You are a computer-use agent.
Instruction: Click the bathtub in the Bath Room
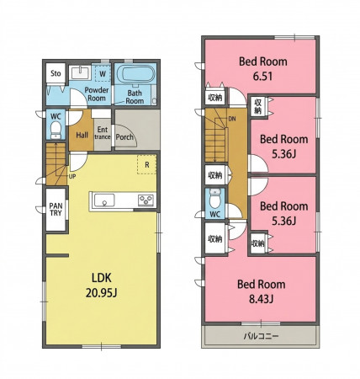135,74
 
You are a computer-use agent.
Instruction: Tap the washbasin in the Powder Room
80,72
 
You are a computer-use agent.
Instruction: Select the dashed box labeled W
103,73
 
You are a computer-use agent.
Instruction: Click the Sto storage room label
56,73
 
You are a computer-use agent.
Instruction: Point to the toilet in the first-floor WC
56,131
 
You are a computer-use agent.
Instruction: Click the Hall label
82,136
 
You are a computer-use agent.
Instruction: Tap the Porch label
124,137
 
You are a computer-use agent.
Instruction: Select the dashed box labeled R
146,164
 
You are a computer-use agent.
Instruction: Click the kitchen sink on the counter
104,200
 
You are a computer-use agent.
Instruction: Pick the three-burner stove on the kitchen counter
146,200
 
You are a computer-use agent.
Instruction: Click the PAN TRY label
56,210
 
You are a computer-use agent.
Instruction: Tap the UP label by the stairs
72,177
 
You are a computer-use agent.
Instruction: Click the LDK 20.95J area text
102,286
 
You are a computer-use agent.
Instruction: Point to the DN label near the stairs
232,119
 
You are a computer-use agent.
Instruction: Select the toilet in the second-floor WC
214,199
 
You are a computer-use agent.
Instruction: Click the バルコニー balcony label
261,336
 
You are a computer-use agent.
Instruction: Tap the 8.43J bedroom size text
261,299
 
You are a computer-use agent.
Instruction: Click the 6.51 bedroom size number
262,77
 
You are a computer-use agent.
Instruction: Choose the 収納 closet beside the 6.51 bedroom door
215,98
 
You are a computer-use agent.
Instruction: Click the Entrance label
103,133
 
